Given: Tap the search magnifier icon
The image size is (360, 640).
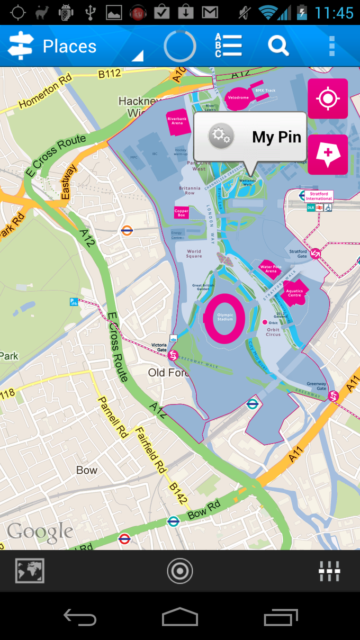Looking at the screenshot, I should tap(278, 46).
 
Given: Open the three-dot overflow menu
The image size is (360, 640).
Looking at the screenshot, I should tap(332, 46).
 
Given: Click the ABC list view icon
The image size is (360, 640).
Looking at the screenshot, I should tap(228, 46).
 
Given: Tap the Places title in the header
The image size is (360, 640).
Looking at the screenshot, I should tap(69, 47).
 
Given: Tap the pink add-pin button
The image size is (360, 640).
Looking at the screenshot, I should tap(328, 155).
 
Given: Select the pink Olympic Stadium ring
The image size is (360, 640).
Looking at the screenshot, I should tap(225, 319).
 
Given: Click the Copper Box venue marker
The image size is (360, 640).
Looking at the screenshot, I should tap(182, 213).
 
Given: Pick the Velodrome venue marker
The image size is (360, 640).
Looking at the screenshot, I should tap(238, 97).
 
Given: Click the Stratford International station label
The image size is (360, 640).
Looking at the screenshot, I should tap(319, 196).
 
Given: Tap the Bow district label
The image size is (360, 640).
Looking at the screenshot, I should tap(87, 470).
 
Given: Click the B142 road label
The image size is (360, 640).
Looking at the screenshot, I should tap(178, 492).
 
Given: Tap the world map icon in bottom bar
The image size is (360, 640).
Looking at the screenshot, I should tap(30, 571).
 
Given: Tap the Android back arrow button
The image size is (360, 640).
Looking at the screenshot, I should tap(80, 617).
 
